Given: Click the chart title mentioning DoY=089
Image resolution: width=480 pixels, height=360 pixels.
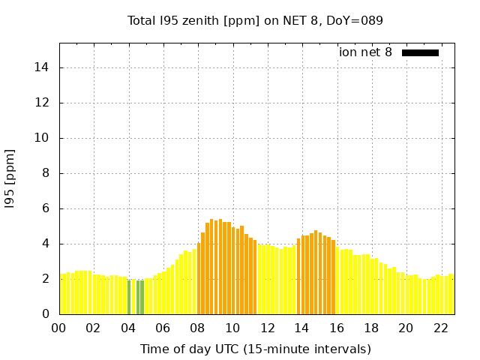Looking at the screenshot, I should coord(255,21).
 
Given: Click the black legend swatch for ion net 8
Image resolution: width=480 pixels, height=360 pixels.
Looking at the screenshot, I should coord(420,52).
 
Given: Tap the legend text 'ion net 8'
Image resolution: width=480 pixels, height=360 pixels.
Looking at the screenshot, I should coord(365,52).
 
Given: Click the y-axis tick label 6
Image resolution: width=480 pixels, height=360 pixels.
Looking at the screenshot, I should coord(46,208).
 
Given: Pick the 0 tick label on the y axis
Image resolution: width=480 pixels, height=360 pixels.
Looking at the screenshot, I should coord(46,314).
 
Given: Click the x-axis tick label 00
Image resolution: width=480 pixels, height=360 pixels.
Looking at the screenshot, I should coord(59,328).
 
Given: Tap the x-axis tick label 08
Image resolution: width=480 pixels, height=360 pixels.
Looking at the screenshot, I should coord(198,328).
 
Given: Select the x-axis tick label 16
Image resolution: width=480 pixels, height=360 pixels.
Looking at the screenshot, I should coord(337,328).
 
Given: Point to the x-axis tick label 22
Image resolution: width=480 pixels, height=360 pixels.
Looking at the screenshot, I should coord(441,328).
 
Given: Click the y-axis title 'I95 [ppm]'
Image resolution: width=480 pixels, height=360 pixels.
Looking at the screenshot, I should coord(10,178).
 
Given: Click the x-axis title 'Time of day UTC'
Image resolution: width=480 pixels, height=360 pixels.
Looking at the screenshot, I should coord(255,349).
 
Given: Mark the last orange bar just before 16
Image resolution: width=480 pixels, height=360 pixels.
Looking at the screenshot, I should coord(334,277).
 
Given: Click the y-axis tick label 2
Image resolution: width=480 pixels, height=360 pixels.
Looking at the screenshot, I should coord(46,279).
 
